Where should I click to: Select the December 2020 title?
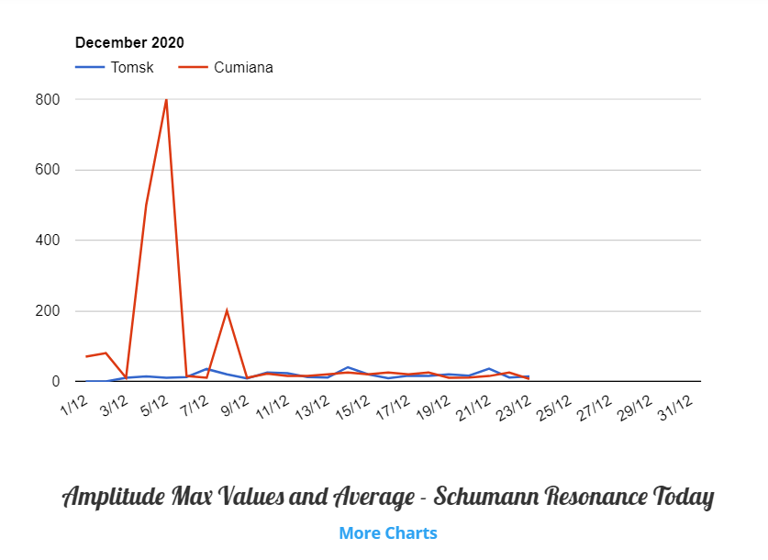[129, 42]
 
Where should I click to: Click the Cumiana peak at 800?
[166, 99]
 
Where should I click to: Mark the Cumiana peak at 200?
[227, 310]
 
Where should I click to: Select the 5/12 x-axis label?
[155, 404]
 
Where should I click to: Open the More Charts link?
[388, 533]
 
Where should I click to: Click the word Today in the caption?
[681, 498]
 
